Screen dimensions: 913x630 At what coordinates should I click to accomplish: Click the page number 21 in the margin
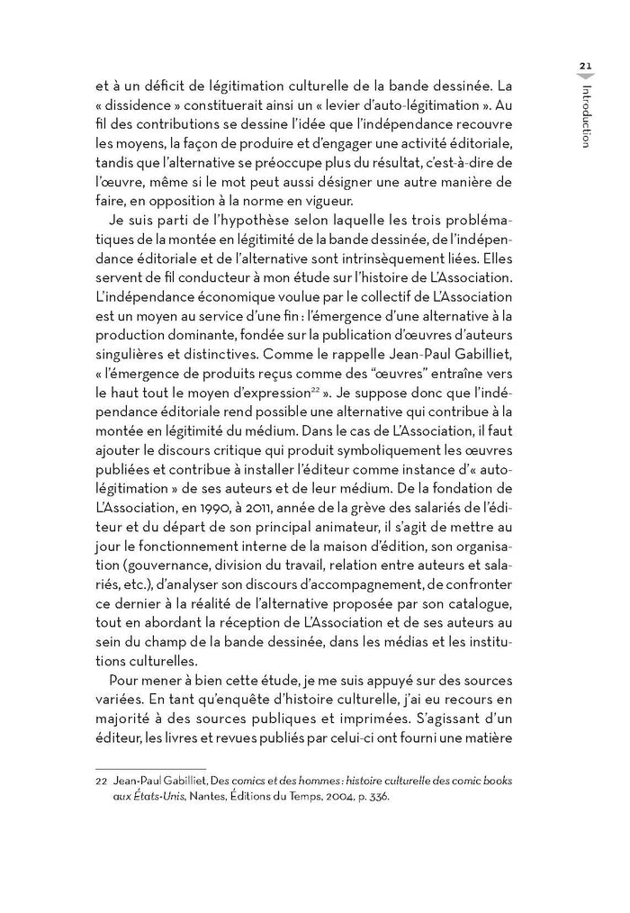point(585,66)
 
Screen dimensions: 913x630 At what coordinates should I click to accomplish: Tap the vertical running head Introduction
point(586,116)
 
